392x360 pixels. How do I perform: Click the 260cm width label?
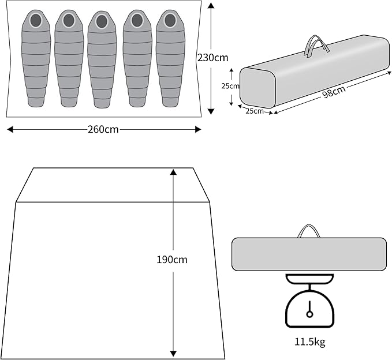tap(103, 129)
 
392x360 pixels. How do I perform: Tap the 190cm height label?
tap(172, 260)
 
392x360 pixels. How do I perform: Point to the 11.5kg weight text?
tap(309, 342)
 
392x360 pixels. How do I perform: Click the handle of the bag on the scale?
tap(309, 231)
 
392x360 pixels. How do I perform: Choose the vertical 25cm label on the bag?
tap(230, 86)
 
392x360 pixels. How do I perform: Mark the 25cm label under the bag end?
tap(254, 111)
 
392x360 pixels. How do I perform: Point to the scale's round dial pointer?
tap(309, 313)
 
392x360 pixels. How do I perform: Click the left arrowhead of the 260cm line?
tap(10, 129)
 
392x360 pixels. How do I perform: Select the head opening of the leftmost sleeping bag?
tap(36, 21)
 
